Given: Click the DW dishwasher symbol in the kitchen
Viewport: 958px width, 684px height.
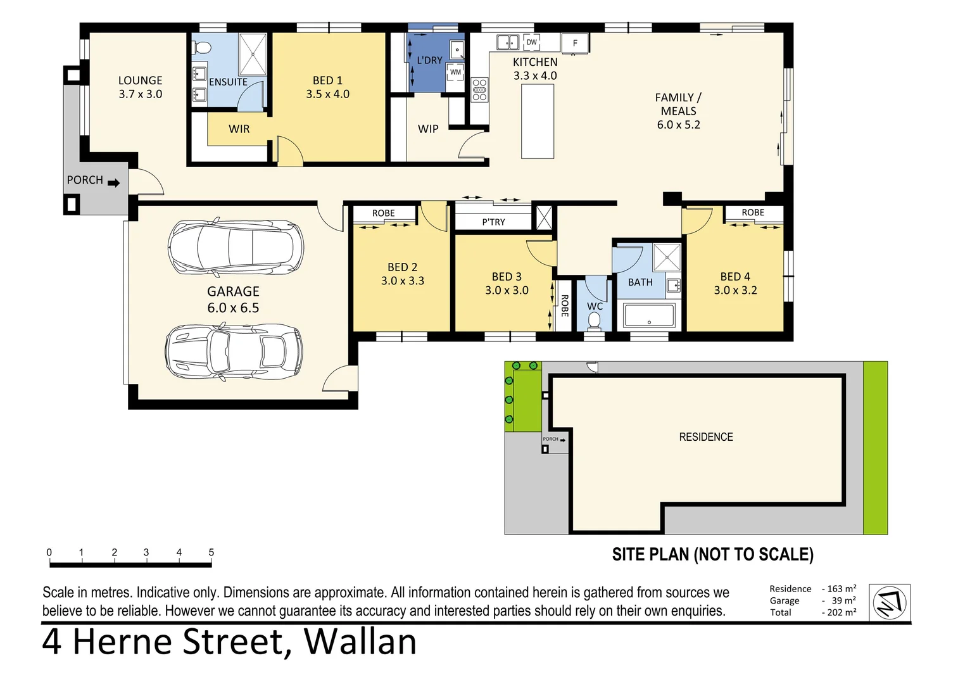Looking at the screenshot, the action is pyautogui.click(x=531, y=42).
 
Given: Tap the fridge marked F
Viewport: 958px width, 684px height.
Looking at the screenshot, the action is pyautogui.click(x=575, y=43).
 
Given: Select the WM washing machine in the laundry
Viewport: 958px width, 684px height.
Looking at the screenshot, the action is pyautogui.click(x=455, y=72).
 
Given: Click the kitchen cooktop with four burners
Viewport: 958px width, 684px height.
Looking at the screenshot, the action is pyautogui.click(x=479, y=89).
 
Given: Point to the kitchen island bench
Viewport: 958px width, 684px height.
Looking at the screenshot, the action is pyautogui.click(x=538, y=122).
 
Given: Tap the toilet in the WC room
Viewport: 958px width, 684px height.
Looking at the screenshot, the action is pyautogui.click(x=594, y=321).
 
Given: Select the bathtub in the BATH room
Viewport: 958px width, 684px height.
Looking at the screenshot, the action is pyautogui.click(x=649, y=315).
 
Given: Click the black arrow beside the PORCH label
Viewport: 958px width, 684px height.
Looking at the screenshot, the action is pyautogui.click(x=114, y=183).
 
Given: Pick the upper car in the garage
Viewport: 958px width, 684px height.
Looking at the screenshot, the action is pyautogui.click(x=236, y=247).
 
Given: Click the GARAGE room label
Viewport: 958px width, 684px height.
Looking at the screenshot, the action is pyautogui.click(x=233, y=291).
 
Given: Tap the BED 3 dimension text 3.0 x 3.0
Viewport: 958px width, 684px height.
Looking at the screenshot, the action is pyautogui.click(x=507, y=290).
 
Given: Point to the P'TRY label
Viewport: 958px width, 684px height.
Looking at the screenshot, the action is pyautogui.click(x=493, y=222).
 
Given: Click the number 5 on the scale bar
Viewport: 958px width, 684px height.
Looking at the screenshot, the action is pyautogui.click(x=211, y=552).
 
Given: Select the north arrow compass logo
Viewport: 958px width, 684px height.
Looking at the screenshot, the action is pyautogui.click(x=890, y=603).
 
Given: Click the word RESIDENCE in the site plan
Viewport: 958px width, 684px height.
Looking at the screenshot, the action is pyautogui.click(x=706, y=437).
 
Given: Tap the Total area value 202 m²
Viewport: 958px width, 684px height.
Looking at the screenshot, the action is pyautogui.click(x=841, y=612).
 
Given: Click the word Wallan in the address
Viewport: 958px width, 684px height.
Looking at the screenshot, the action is pyautogui.click(x=360, y=642).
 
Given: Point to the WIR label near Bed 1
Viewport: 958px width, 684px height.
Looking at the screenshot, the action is pyautogui.click(x=239, y=129).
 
